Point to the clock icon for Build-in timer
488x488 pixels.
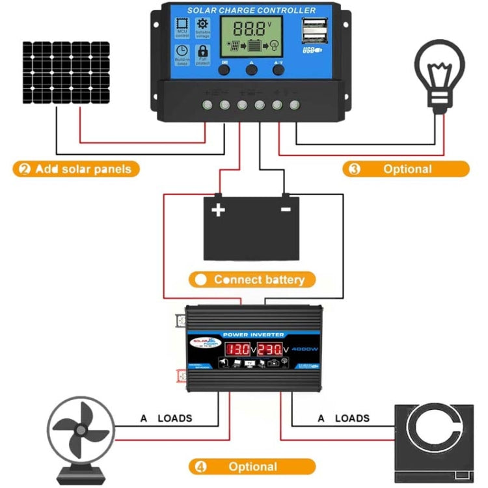tap(182, 54)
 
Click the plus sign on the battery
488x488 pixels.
tap(217, 210)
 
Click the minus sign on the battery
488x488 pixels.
tap(284, 210)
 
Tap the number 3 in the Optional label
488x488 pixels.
tap(355, 169)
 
